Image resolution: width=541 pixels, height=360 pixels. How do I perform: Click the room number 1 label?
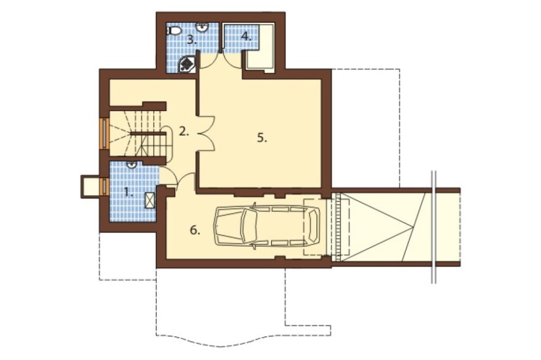point(128,192)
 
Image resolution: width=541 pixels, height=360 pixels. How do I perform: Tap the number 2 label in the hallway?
point(184,131)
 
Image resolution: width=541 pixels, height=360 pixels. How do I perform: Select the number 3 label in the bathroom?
point(192,40)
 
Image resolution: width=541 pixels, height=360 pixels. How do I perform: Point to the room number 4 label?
point(246,36)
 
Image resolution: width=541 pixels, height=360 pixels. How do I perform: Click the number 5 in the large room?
point(262,138)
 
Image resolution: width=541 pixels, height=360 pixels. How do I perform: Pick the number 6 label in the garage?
point(195,230)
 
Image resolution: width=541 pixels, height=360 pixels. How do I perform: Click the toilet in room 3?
point(174,30)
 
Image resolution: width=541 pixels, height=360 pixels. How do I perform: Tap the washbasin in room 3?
point(202,27)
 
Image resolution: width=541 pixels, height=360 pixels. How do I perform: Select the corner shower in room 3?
point(188,64)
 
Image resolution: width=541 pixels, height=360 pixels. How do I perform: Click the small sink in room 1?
point(131,165)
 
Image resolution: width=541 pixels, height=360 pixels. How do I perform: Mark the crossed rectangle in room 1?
point(150,201)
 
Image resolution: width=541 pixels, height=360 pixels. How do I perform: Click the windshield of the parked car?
point(249,226)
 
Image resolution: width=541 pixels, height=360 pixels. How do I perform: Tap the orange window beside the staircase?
point(103,134)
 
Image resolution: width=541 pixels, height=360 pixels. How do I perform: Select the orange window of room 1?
point(103,187)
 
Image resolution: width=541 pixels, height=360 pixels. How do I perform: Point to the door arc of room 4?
point(233,62)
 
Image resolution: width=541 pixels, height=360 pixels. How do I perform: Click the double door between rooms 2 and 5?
point(207,134)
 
